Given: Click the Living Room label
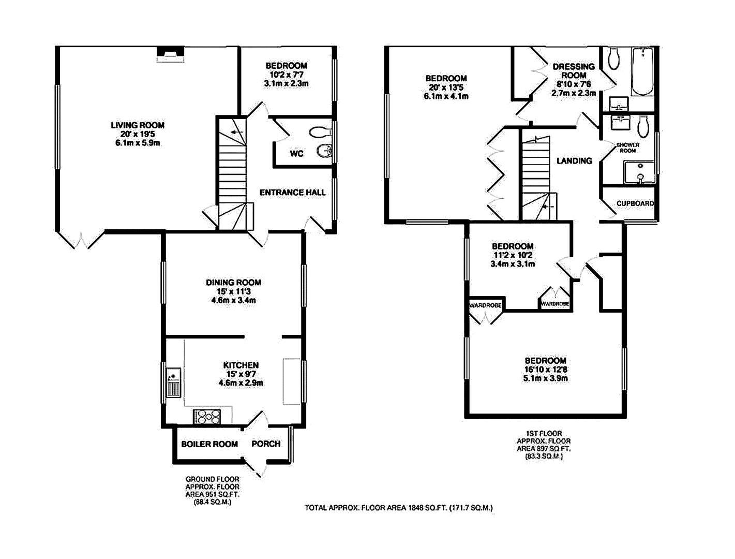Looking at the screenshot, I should [138, 125].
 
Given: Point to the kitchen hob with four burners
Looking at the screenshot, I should [207, 416].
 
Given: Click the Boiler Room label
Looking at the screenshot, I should [209, 444].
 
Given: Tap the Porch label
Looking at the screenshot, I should [266, 444].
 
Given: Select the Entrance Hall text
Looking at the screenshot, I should [292, 193].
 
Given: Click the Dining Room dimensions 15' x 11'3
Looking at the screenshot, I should [233, 291].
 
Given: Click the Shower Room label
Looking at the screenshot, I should [627, 148].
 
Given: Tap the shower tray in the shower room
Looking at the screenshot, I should [639, 172].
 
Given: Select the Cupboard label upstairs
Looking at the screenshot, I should [635, 203].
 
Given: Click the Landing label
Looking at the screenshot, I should [574, 160].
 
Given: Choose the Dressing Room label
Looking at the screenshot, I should [574, 70].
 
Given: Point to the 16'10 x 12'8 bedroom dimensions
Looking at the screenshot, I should [545, 370].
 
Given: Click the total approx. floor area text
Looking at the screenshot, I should [398, 508].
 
